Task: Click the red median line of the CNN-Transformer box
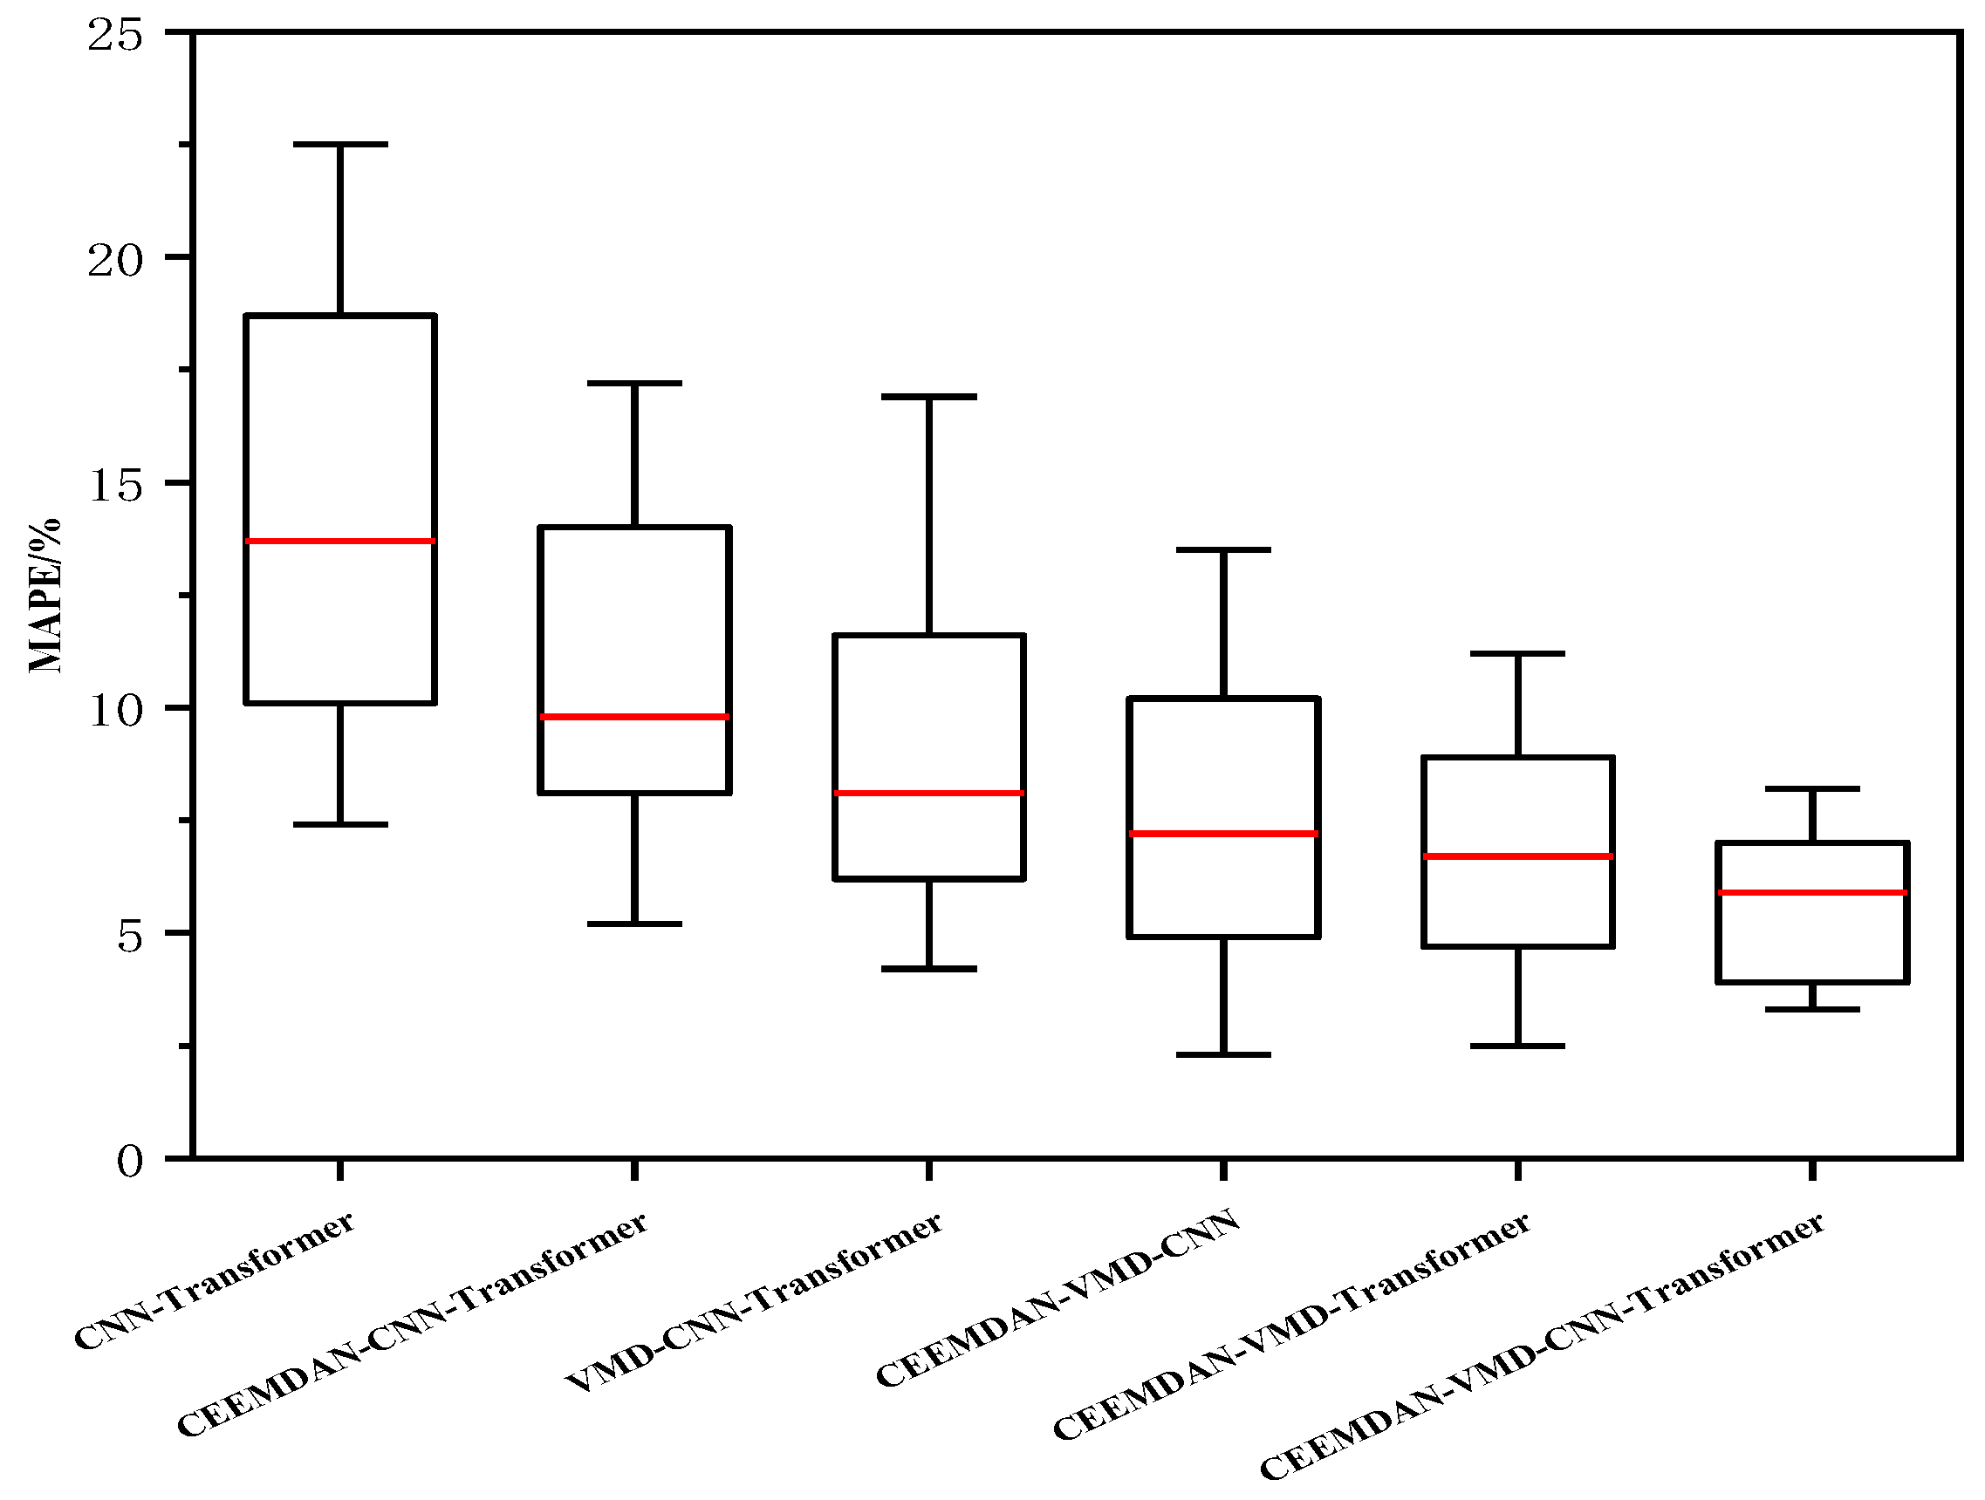click(340, 541)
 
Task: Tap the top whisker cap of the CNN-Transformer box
click(340, 144)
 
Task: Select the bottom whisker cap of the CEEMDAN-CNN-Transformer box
click(634, 924)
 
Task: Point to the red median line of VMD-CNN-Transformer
click(928, 793)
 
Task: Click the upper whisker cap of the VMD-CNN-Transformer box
click(928, 396)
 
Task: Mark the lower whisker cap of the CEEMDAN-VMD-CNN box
click(1223, 1054)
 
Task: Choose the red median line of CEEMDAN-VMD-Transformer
click(1517, 856)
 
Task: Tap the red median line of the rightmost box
click(1812, 892)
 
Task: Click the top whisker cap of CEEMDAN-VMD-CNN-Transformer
click(1812, 788)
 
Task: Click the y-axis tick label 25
click(115, 36)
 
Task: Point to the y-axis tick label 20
click(115, 261)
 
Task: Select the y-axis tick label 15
click(115, 487)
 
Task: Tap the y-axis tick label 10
click(115, 712)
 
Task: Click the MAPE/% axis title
click(44, 596)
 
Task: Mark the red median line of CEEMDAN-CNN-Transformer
click(634, 716)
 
